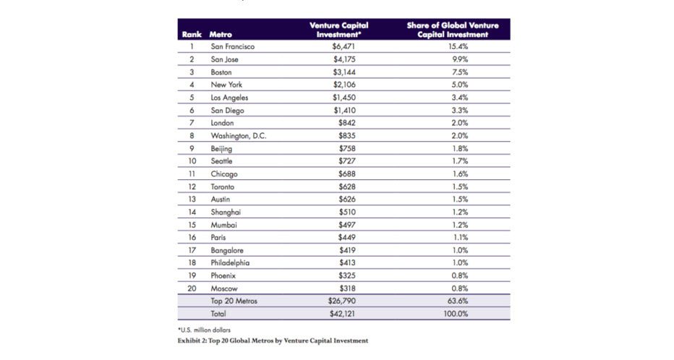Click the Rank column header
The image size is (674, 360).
pos(191,34)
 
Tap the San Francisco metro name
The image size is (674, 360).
pos(232,46)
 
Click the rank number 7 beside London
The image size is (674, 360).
pos(192,122)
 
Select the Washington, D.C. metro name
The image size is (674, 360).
pos(239,135)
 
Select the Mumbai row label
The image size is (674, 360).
pos(223,224)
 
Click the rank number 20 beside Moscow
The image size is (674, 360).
pos(192,287)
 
